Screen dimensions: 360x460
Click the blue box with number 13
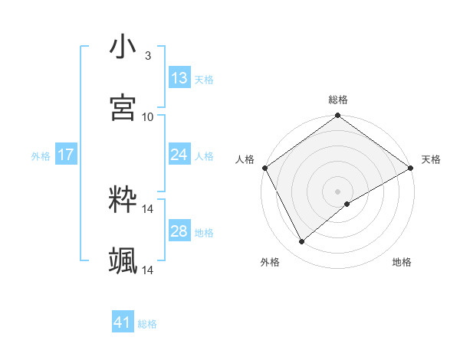coord(179,78)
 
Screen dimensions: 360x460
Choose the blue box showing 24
coord(179,155)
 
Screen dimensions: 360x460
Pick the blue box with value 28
coord(179,231)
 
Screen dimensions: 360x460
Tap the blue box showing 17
coord(66,155)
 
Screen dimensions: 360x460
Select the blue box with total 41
coord(123,322)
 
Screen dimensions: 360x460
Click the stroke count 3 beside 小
coord(147,55)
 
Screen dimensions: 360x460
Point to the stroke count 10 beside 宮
coord(148,116)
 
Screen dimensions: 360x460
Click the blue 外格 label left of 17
coord(41,155)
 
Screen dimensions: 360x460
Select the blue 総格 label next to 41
coord(147,323)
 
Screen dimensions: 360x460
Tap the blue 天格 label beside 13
coord(203,79)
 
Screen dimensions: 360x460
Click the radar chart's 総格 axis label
coord(338,100)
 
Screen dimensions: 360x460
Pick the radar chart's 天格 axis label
coord(431,159)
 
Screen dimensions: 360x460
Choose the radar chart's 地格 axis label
coord(402,262)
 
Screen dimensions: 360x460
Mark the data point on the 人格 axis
coord(264,168)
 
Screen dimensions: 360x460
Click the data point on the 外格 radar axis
coord(302,242)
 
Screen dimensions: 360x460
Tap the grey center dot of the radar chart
coord(338,191)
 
